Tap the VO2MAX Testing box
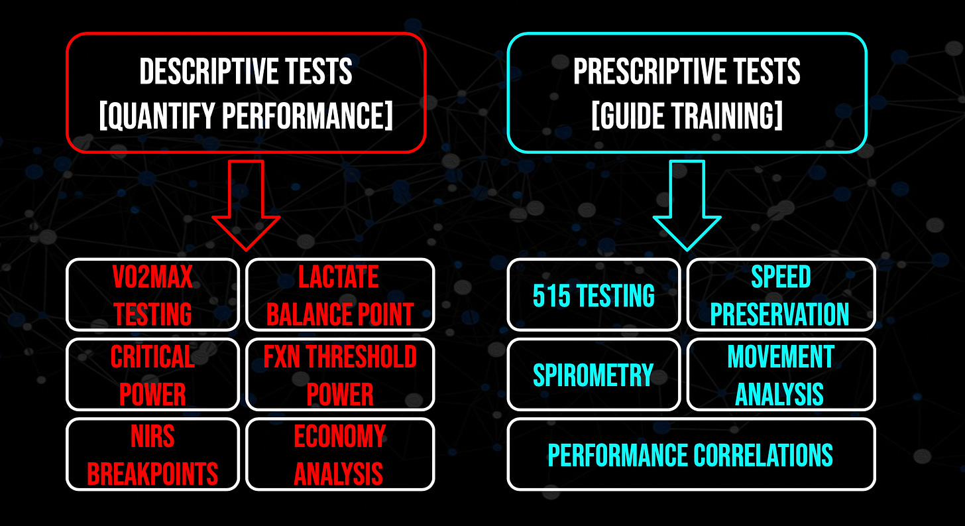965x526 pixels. click(152, 295)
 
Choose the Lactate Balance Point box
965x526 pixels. click(340, 295)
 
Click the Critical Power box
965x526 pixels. click(152, 375)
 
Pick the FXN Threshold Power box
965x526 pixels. click(340, 375)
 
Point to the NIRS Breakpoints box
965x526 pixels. click(152, 454)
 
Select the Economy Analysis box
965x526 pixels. click(340, 454)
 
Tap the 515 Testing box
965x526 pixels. click(594, 295)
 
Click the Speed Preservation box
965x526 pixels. click(781, 295)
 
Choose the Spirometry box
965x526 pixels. click(594, 375)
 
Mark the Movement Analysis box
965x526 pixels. click(781, 375)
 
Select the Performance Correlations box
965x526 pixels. click(691, 454)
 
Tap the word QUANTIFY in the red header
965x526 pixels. click(158, 115)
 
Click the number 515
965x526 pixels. click(551, 295)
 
